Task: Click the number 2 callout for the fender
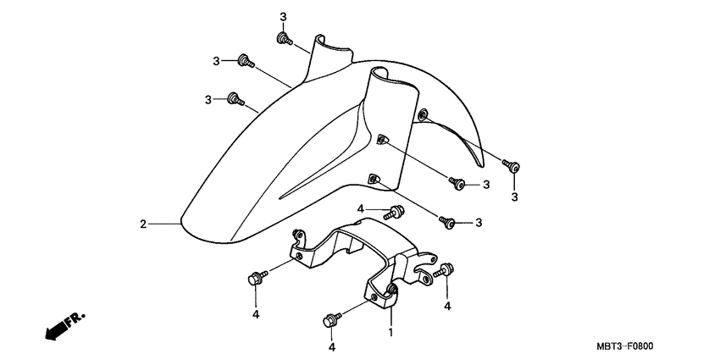[143, 224]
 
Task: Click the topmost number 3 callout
[283, 17]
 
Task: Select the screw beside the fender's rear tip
[510, 164]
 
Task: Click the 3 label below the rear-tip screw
[513, 197]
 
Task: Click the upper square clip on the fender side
[383, 140]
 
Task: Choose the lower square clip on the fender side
[373, 178]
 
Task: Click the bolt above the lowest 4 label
[331, 320]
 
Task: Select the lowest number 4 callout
[331, 347]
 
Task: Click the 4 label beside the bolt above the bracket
[360, 208]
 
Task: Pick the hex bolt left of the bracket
[255, 277]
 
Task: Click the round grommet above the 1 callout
[392, 292]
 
